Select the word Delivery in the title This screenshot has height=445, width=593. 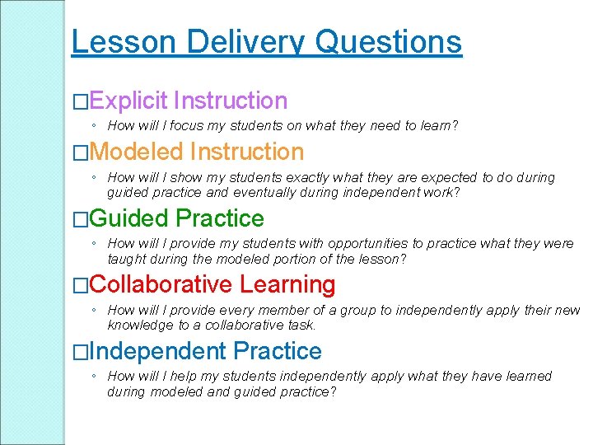click(239, 41)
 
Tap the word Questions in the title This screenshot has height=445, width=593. click(389, 41)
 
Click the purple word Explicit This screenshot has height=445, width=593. click(128, 101)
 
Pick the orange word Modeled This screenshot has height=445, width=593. click(137, 152)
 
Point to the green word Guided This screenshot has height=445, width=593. click(129, 218)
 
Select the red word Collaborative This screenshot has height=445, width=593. click(161, 285)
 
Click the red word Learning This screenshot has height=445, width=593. click(287, 285)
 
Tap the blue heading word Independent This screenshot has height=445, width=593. click(158, 352)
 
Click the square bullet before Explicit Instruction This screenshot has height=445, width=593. click(80, 102)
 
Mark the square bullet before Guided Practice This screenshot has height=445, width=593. click(80, 219)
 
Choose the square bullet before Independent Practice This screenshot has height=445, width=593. click(80, 353)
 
